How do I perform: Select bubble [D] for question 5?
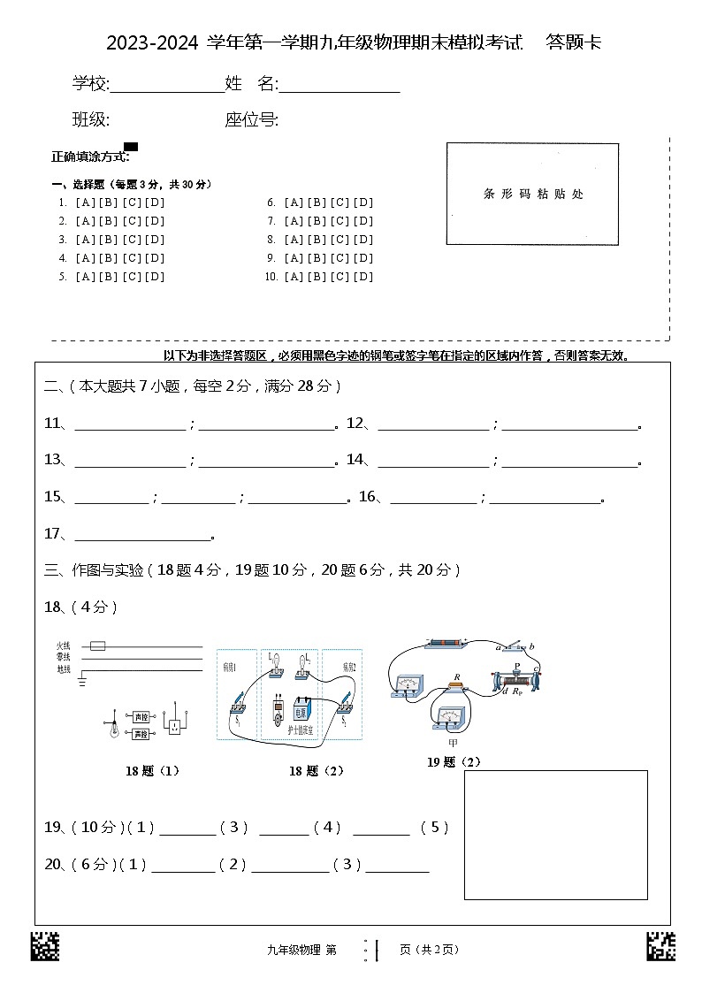pyautogui.click(x=155, y=277)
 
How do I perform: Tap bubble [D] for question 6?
pyautogui.click(x=363, y=202)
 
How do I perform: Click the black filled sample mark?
pyautogui.click(x=131, y=147)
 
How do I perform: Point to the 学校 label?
pyautogui.click(x=89, y=84)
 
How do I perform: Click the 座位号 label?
pyautogui.click(x=251, y=120)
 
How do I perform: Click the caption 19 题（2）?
pyautogui.click(x=454, y=762)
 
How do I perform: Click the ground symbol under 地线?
pyautogui.click(x=82, y=682)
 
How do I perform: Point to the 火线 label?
pyautogui.click(x=63, y=646)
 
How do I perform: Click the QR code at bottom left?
pyautogui.click(x=45, y=947)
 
